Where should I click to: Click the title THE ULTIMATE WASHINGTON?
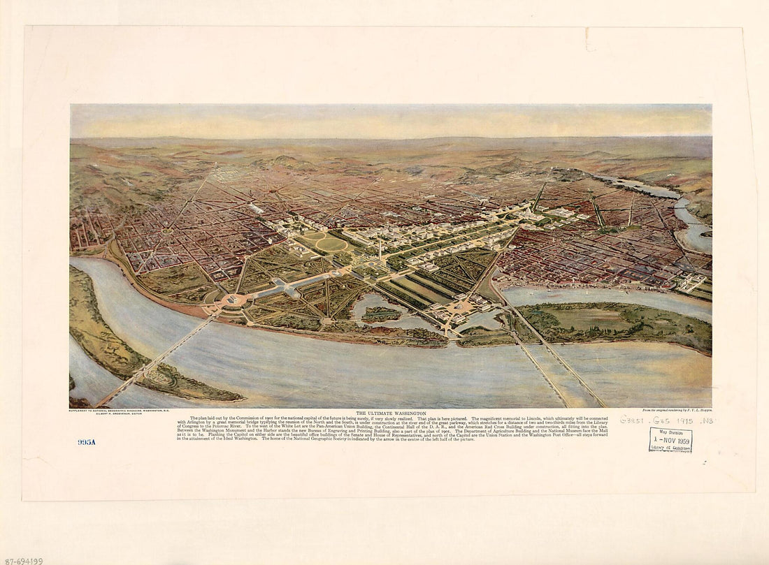tap(391, 413)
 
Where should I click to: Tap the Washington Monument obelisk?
tap(380, 248)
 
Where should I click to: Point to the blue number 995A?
tap(86, 442)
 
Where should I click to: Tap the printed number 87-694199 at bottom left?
tap(22, 560)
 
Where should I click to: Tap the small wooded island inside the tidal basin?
tap(382, 314)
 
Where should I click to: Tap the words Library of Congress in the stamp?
tap(670, 448)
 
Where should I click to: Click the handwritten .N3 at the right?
tap(704, 420)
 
